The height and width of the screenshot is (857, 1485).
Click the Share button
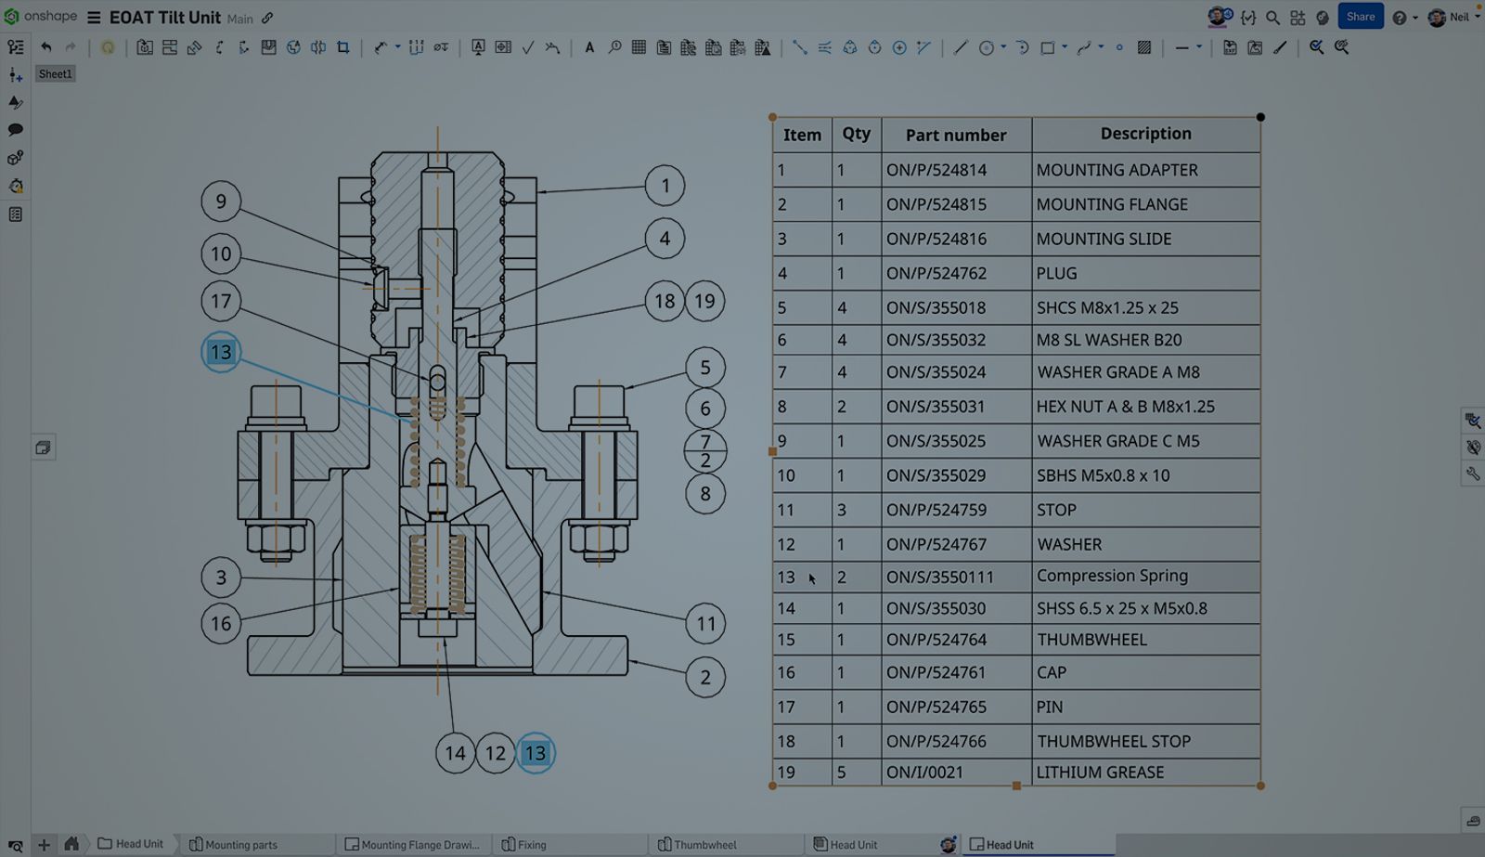click(x=1360, y=17)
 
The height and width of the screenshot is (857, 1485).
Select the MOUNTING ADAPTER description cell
click(x=1117, y=170)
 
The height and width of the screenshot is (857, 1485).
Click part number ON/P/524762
click(x=936, y=273)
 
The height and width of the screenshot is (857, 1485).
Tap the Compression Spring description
click(x=1112, y=576)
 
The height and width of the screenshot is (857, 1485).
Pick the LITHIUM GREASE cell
click(x=1100, y=772)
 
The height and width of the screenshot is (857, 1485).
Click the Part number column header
click(x=955, y=135)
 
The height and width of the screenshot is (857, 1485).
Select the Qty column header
click(x=856, y=134)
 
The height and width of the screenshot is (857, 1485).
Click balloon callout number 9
click(x=221, y=201)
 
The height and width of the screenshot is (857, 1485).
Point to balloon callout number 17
click(x=221, y=301)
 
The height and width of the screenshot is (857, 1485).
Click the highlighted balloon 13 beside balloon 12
click(x=536, y=753)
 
